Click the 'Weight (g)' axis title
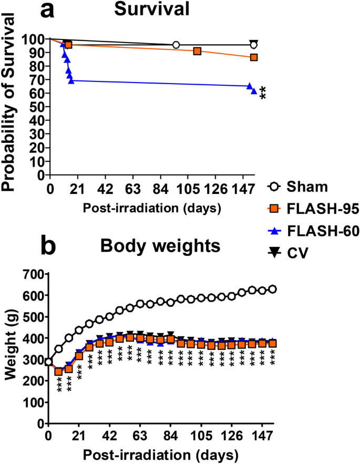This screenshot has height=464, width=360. pos(10,349)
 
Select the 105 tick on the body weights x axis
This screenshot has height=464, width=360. pos(201,435)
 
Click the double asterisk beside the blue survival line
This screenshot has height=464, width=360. pos(263,93)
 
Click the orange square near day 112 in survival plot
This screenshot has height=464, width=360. pos(197,51)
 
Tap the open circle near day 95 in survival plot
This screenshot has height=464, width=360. pos(176,45)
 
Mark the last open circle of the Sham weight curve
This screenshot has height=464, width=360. pos(273,289)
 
